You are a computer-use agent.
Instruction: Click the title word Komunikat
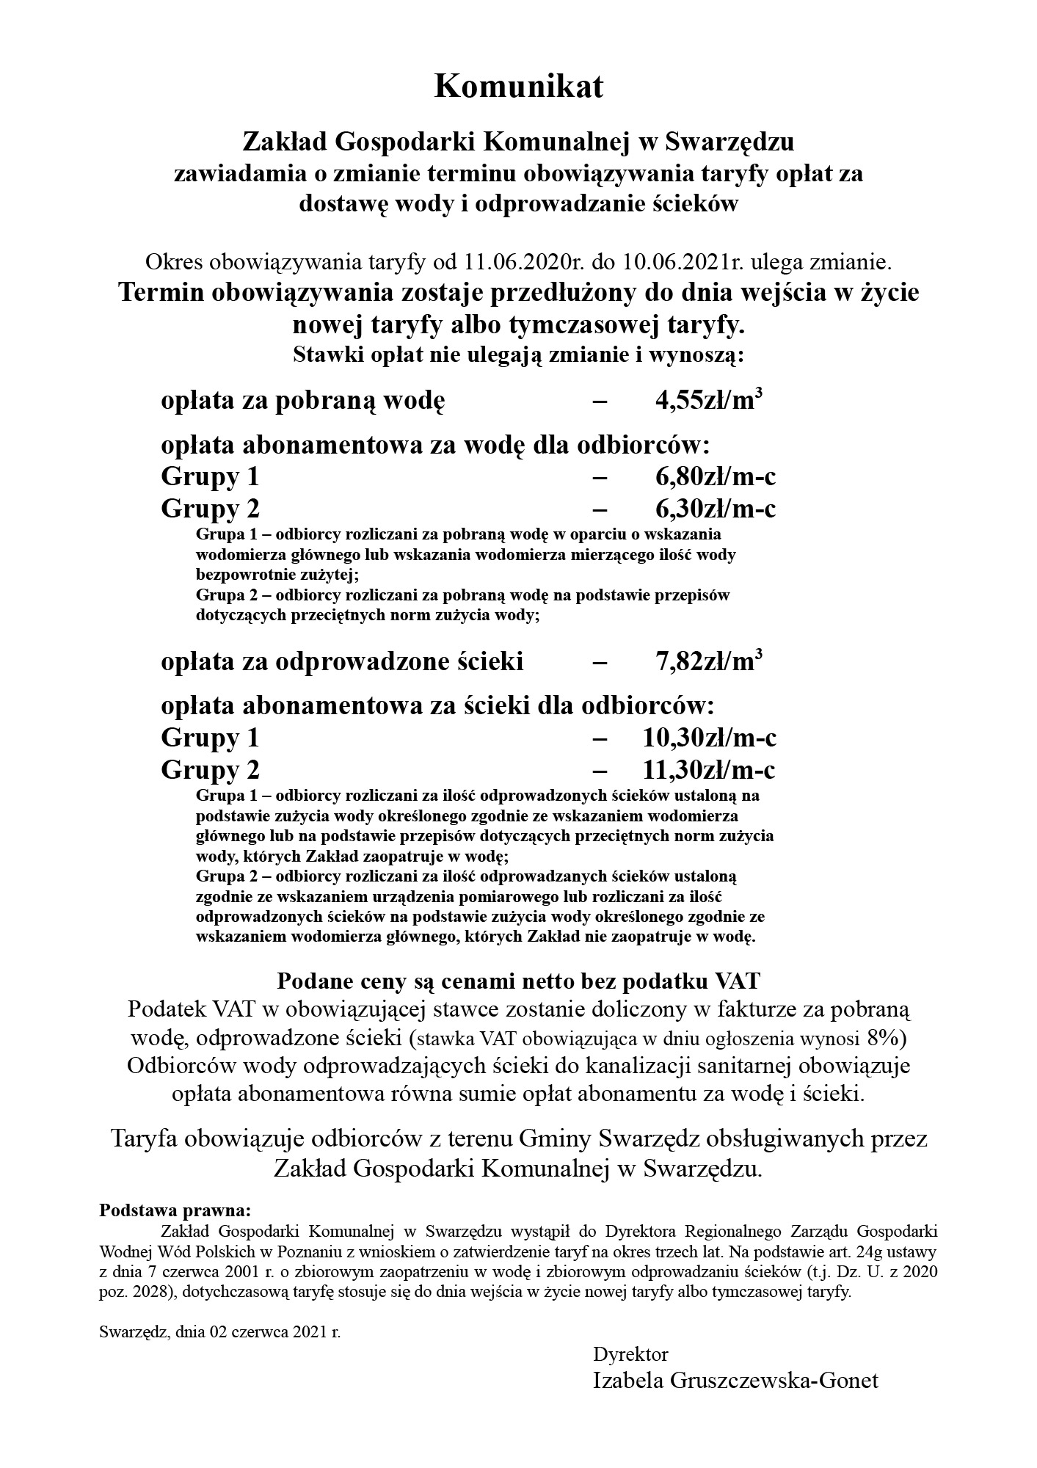pos(518,87)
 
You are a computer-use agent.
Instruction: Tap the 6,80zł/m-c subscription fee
pos(716,477)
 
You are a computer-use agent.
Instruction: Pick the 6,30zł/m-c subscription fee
pos(716,509)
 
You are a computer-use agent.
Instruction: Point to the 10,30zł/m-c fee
pos(709,738)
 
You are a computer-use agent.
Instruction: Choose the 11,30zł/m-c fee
pos(709,770)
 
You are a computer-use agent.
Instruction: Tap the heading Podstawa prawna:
pos(175,1209)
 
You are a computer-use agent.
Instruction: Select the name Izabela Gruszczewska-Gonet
pos(735,1381)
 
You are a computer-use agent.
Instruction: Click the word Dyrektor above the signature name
pos(630,1353)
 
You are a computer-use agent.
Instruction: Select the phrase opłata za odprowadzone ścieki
pos(342,662)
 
